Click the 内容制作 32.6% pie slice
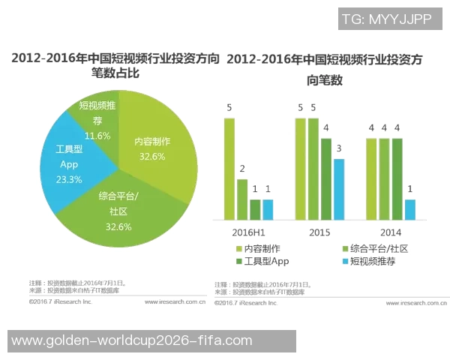(154, 150)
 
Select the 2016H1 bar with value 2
(242, 199)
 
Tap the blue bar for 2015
(339, 189)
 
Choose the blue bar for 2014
(409, 209)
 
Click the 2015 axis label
(319, 232)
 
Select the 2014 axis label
(390, 232)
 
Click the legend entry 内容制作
(259, 248)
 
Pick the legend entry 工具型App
(262, 261)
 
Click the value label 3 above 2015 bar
(339, 148)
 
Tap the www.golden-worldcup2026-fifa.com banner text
(133, 340)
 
